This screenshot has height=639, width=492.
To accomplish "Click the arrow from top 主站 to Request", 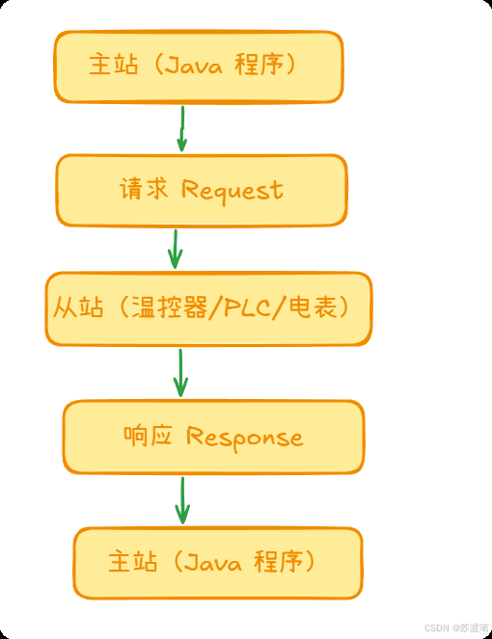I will (181, 128).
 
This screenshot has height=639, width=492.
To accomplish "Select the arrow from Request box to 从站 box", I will (175, 249).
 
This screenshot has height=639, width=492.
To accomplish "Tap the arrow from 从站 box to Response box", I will (179, 373).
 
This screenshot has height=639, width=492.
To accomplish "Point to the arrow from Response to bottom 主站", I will (181, 500).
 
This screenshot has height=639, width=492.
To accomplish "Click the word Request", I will (232, 189).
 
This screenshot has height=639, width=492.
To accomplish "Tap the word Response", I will (244, 438).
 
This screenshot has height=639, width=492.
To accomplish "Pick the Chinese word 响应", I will (148, 437).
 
